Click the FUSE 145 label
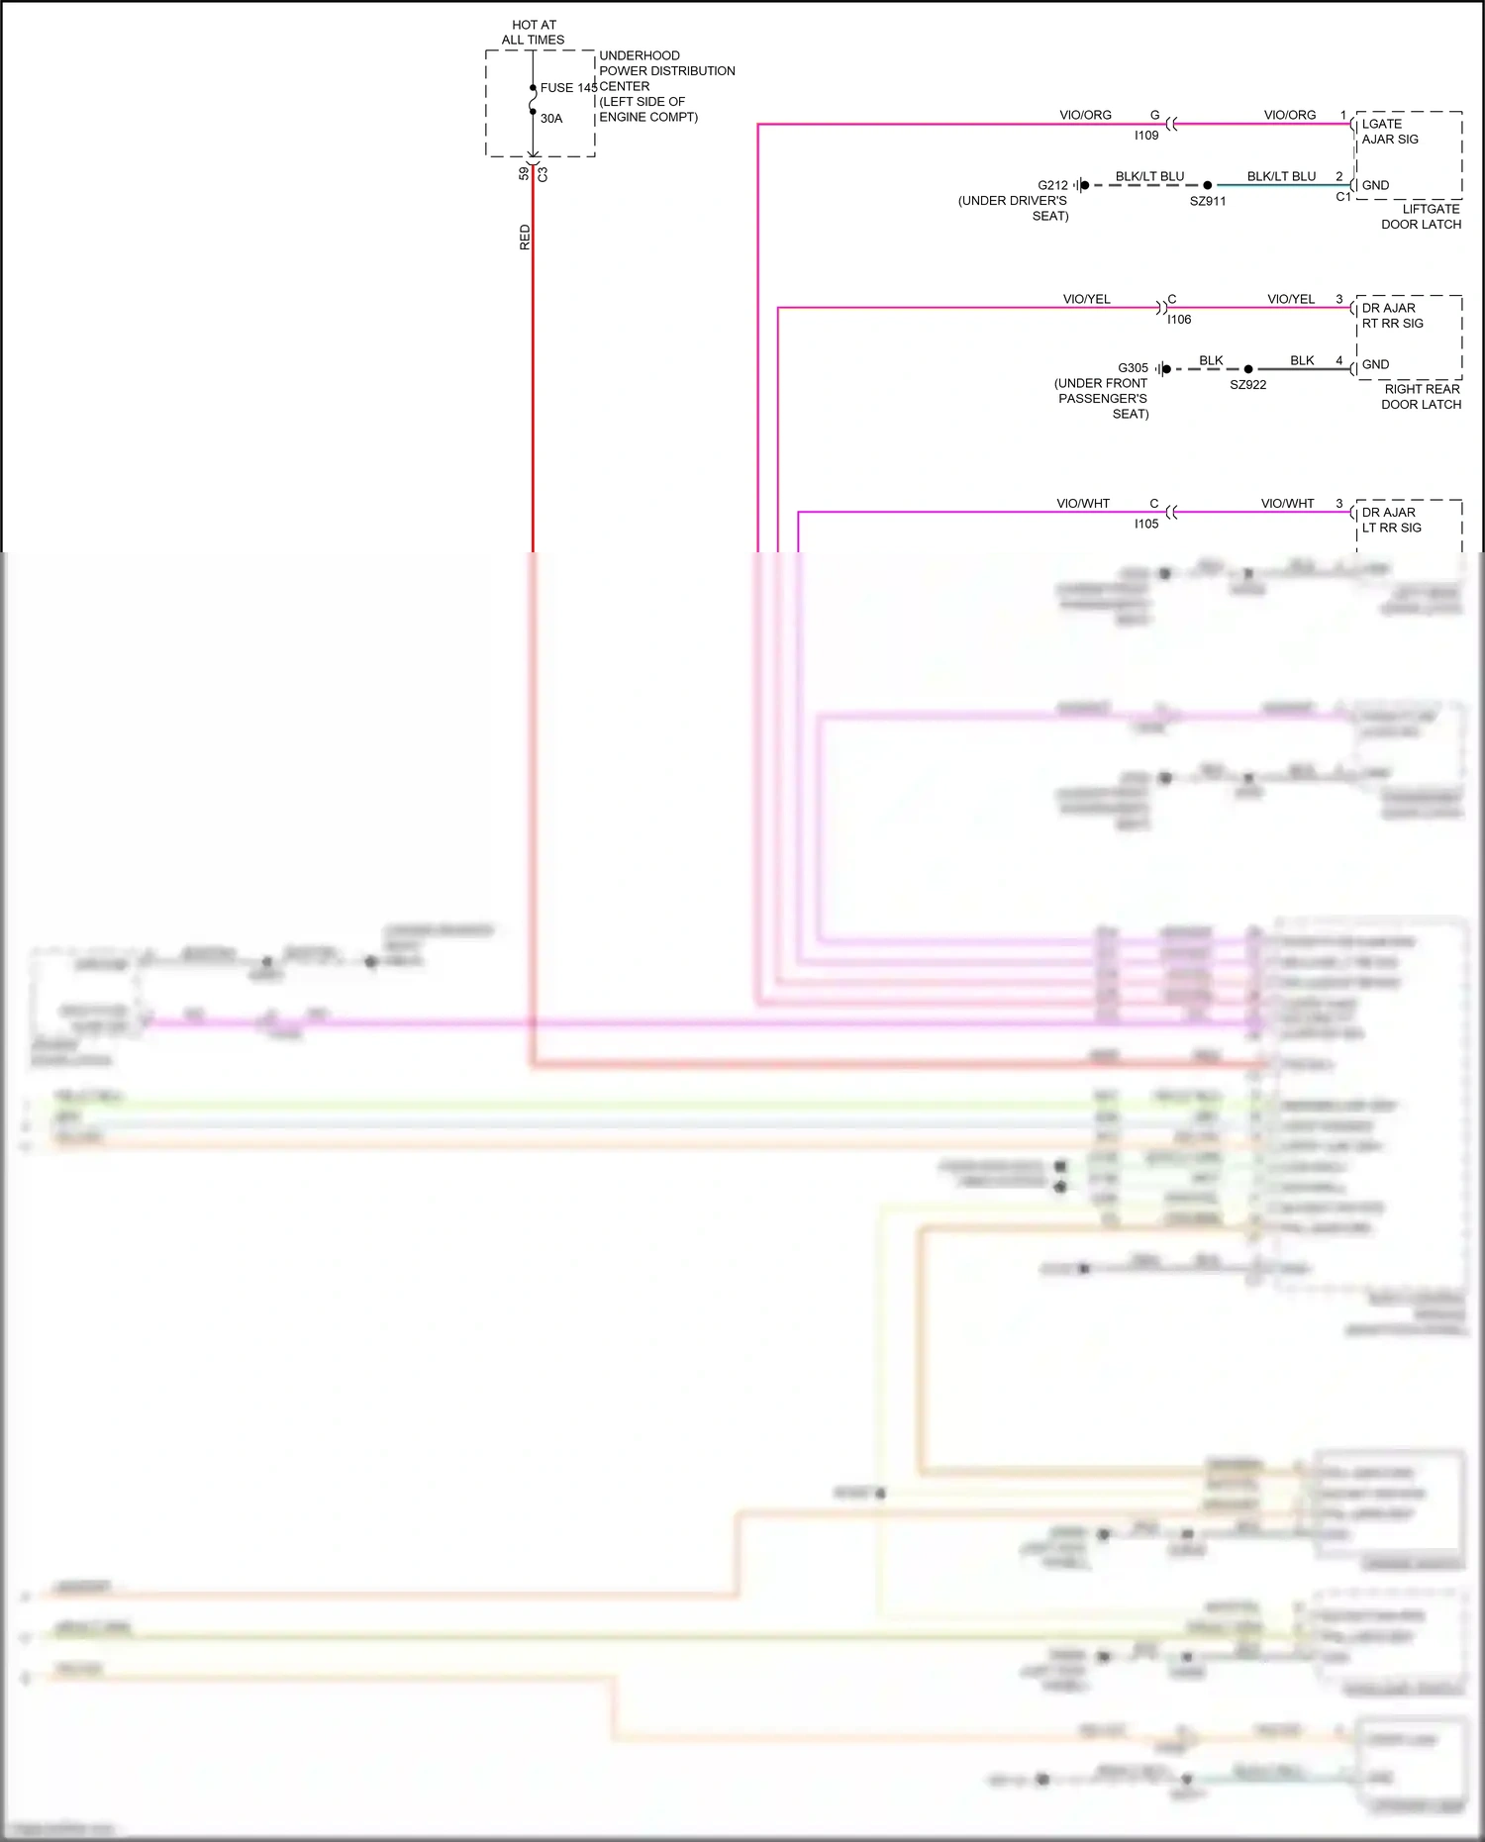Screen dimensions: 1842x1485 pos(568,88)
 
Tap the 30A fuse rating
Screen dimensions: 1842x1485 pos(551,119)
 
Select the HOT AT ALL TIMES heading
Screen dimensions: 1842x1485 pos(534,33)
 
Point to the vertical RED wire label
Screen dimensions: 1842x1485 pos(525,238)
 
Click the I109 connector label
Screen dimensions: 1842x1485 pos(1146,136)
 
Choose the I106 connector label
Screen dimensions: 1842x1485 pos(1179,320)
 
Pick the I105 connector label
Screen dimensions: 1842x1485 pos(1146,525)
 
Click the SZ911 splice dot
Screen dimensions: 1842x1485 pos(1207,185)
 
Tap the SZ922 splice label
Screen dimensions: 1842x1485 pos(1248,385)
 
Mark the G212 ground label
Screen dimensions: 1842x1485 pos(1052,185)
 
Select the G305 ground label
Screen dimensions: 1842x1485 pos(1133,368)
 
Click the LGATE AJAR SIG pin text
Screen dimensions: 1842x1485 pos(1390,132)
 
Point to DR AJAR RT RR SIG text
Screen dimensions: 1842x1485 pos(1392,316)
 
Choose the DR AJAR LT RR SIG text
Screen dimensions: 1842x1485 pos(1391,520)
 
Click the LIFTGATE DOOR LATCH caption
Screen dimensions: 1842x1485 pos(1422,217)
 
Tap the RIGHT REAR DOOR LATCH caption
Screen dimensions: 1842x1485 pos(1422,397)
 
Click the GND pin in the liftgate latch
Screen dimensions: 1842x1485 pos(1375,185)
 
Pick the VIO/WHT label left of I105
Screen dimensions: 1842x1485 pos(1083,504)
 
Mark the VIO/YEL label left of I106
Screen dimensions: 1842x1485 pos(1086,299)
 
